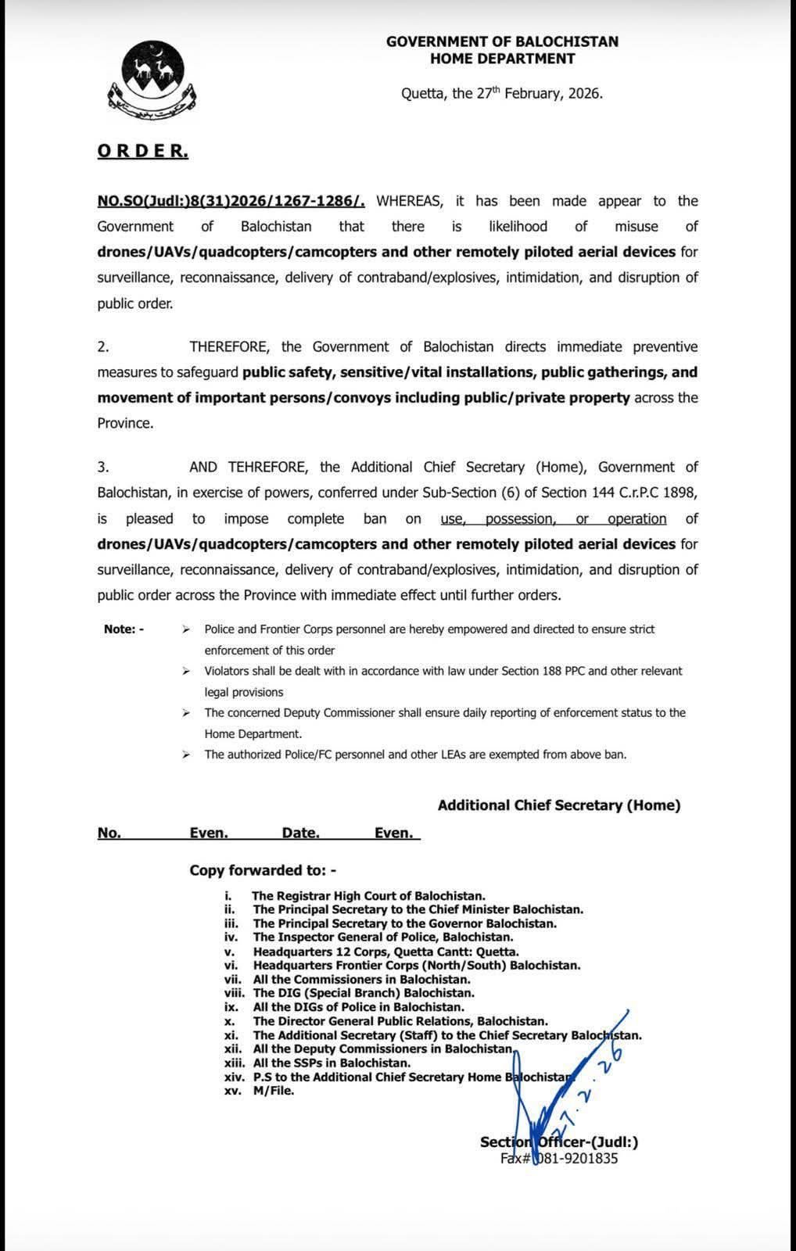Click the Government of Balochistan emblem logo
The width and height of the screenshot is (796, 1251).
click(x=152, y=78)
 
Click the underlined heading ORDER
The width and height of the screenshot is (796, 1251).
click(x=142, y=151)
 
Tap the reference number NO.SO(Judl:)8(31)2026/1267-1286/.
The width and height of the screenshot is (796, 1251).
click(x=231, y=201)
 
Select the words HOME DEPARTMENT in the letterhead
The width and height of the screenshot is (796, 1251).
click(x=502, y=59)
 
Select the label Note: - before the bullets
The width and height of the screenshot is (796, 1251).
click(x=124, y=629)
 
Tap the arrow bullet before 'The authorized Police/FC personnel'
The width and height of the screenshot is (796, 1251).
click(x=186, y=755)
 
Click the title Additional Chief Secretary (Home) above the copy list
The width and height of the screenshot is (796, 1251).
click(x=558, y=805)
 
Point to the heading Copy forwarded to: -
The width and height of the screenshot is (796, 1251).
click(x=263, y=870)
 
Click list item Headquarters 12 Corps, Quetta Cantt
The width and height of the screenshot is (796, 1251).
click(x=385, y=952)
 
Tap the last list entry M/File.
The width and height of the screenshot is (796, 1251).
click(x=274, y=1091)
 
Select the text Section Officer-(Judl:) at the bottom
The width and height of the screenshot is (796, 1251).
click(x=558, y=1142)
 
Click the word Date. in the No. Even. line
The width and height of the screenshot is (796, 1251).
click(x=300, y=833)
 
